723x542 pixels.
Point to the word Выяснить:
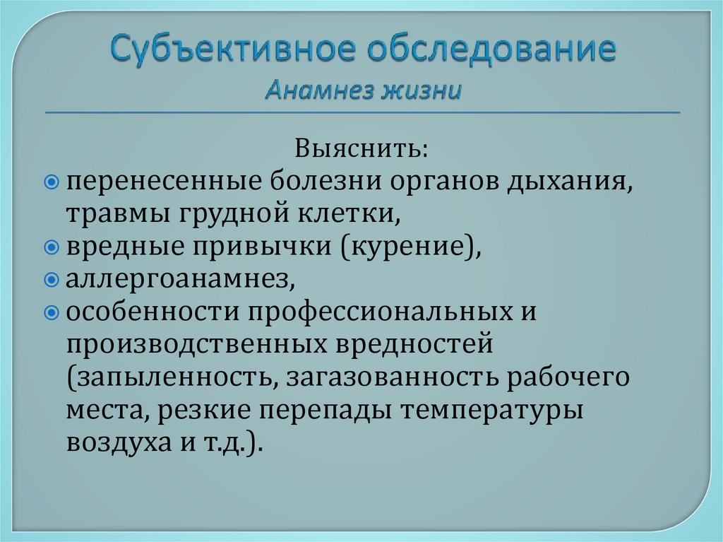pos(361,150)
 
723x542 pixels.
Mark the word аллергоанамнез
pos(179,280)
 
